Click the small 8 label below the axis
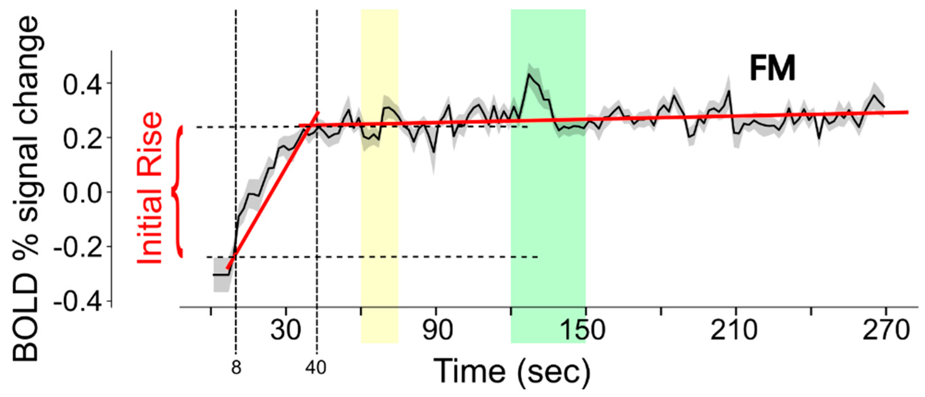click(x=236, y=367)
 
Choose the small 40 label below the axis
click(x=316, y=367)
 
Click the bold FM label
click(x=772, y=69)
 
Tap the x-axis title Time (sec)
click(x=511, y=372)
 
